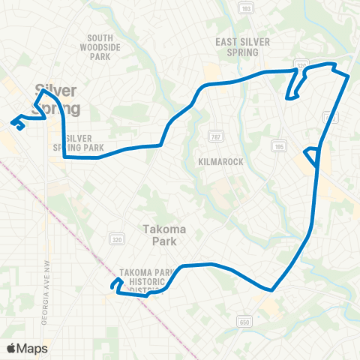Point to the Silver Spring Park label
tap(83, 142)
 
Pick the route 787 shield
tap(213, 136)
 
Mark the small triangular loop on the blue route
tap(312, 157)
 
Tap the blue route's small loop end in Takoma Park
tap(116, 284)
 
